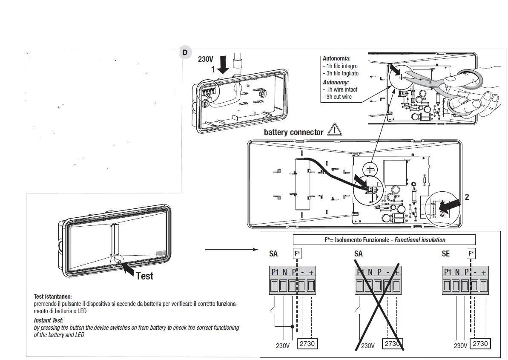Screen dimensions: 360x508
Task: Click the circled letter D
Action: (x=185, y=52)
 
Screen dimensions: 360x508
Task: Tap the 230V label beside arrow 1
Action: (x=206, y=59)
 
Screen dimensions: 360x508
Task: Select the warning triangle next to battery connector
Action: (x=335, y=131)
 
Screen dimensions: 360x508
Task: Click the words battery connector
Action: (x=293, y=132)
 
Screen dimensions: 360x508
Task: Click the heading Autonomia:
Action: (x=336, y=58)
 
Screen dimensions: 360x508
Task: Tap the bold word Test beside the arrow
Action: (x=145, y=276)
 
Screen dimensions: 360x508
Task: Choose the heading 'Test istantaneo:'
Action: (x=53, y=296)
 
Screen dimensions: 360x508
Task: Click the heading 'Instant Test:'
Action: (x=48, y=320)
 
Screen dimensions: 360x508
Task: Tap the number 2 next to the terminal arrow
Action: (x=467, y=197)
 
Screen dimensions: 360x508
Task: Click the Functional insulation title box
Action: (x=384, y=240)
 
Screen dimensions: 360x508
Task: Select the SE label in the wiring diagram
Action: (x=446, y=254)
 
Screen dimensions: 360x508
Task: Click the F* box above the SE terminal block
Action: (x=471, y=253)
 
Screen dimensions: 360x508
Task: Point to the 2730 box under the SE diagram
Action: (x=480, y=343)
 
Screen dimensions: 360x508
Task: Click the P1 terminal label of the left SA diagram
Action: (x=275, y=272)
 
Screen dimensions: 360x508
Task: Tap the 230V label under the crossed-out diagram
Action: (x=367, y=346)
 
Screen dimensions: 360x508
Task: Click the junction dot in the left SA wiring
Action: (x=292, y=327)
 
